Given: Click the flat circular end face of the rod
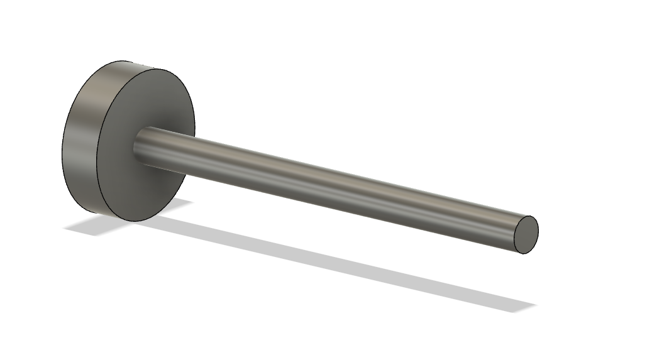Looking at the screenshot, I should click(x=527, y=234).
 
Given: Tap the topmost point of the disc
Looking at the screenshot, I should click(x=126, y=62).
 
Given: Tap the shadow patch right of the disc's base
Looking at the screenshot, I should click(x=179, y=204).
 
